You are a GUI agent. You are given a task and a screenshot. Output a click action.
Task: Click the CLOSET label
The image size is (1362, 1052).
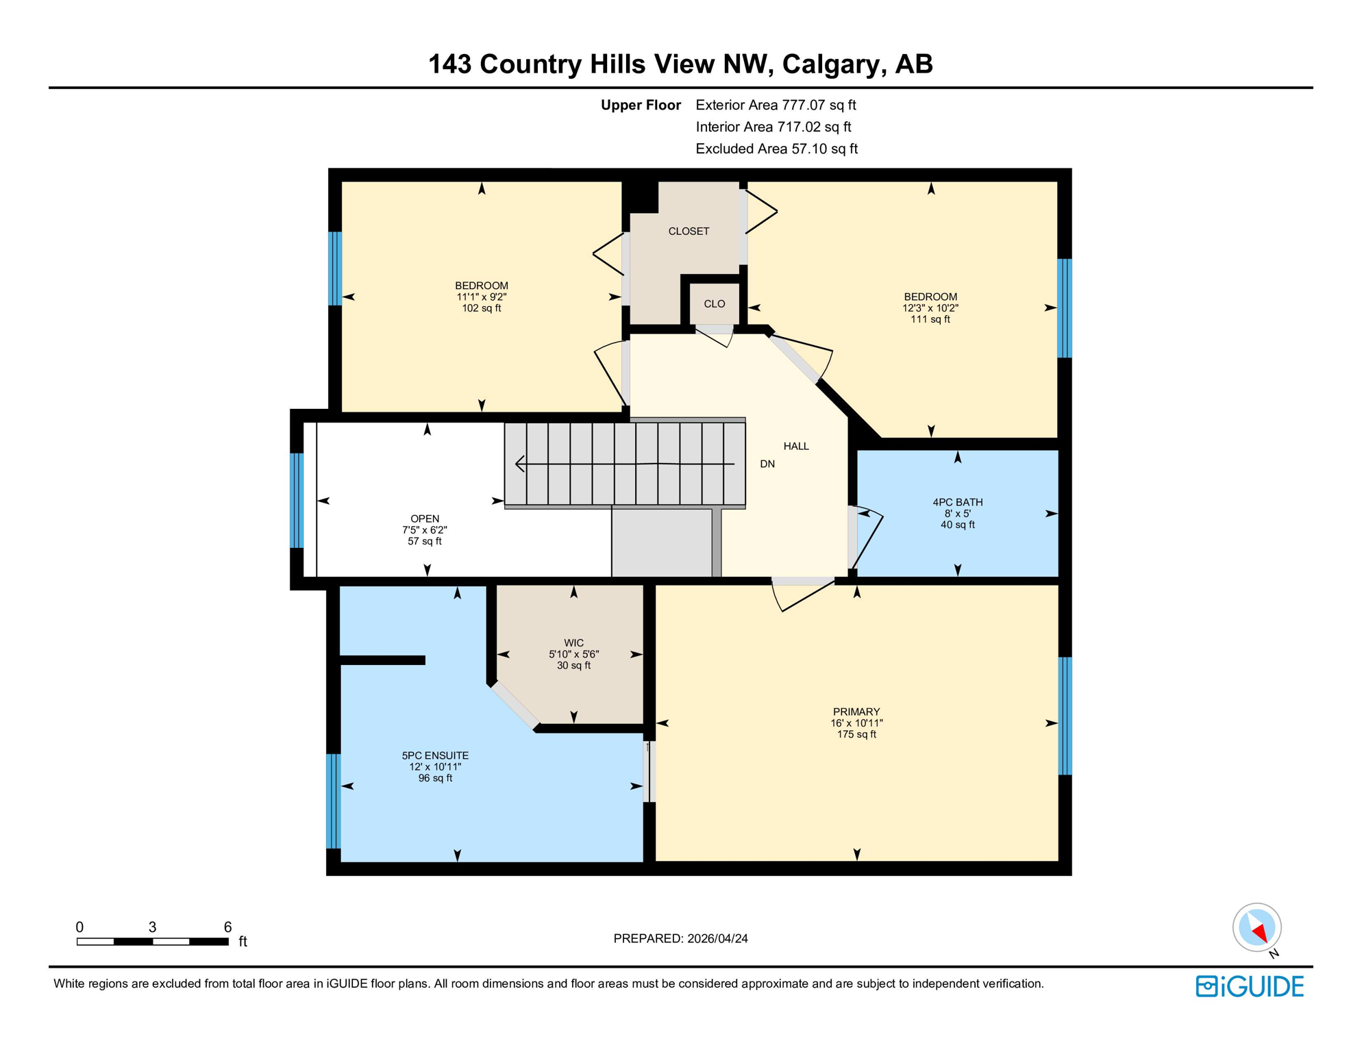[x=689, y=231]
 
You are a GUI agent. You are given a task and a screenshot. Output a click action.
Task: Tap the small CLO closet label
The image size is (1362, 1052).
[x=714, y=304]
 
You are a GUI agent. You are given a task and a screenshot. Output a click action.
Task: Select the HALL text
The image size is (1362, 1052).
[x=796, y=447]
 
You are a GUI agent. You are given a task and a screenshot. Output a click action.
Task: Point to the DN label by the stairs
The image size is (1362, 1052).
[x=767, y=464]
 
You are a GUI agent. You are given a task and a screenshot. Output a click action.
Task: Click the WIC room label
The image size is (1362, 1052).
[x=573, y=643]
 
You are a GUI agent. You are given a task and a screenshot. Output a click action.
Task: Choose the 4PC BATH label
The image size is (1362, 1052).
[x=957, y=503]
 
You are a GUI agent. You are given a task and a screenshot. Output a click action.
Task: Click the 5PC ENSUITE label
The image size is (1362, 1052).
[x=435, y=756]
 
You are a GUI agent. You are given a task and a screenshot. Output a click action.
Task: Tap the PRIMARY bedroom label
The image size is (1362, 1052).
[x=856, y=712]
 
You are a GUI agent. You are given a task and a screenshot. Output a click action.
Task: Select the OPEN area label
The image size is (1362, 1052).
[x=425, y=519]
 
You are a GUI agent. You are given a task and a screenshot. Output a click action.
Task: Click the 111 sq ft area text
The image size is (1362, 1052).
[x=930, y=320]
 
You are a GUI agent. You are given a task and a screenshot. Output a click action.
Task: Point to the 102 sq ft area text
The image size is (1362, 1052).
[x=481, y=309]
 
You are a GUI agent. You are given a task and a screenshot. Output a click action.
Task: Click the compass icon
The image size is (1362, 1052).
[x=1256, y=928]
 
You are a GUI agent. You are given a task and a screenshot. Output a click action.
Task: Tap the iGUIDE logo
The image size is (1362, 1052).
[x=1250, y=987]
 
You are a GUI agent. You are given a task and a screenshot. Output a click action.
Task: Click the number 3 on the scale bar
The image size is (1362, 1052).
[x=152, y=927]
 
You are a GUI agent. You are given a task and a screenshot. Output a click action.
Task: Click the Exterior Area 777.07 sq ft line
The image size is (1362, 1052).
[x=776, y=105]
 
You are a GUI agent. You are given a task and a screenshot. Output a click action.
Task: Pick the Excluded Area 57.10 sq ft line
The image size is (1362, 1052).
[x=776, y=149]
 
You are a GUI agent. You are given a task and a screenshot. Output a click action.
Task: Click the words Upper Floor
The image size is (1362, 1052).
[x=641, y=105]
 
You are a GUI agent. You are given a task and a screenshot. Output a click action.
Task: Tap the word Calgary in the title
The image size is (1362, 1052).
[x=829, y=64]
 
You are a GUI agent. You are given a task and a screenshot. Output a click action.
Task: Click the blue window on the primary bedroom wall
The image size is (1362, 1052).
[x=1065, y=716]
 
